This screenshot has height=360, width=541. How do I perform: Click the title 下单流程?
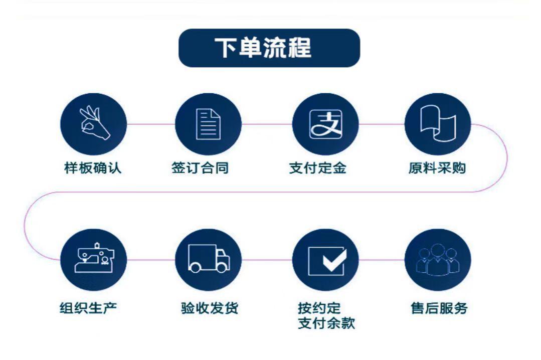(269, 48)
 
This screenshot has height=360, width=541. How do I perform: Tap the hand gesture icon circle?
(93, 124)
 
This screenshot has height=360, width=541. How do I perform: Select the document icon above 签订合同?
(208, 124)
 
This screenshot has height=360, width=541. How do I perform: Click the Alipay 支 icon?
(325, 124)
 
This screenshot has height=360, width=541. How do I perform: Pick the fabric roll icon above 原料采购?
(438, 124)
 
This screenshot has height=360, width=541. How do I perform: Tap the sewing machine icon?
(93, 260)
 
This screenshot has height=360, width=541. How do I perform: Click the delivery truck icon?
(208, 260)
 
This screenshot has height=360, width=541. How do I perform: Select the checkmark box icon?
(325, 260)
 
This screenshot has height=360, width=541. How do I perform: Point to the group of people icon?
(438, 260)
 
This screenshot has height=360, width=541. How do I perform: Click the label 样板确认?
(93, 168)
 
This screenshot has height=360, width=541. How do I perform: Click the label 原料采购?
(437, 168)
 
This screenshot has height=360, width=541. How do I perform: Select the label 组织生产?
(88, 307)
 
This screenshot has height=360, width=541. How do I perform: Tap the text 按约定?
(319, 307)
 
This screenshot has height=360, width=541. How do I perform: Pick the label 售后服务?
(439, 307)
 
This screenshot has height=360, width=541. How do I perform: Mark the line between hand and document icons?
(150, 124)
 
